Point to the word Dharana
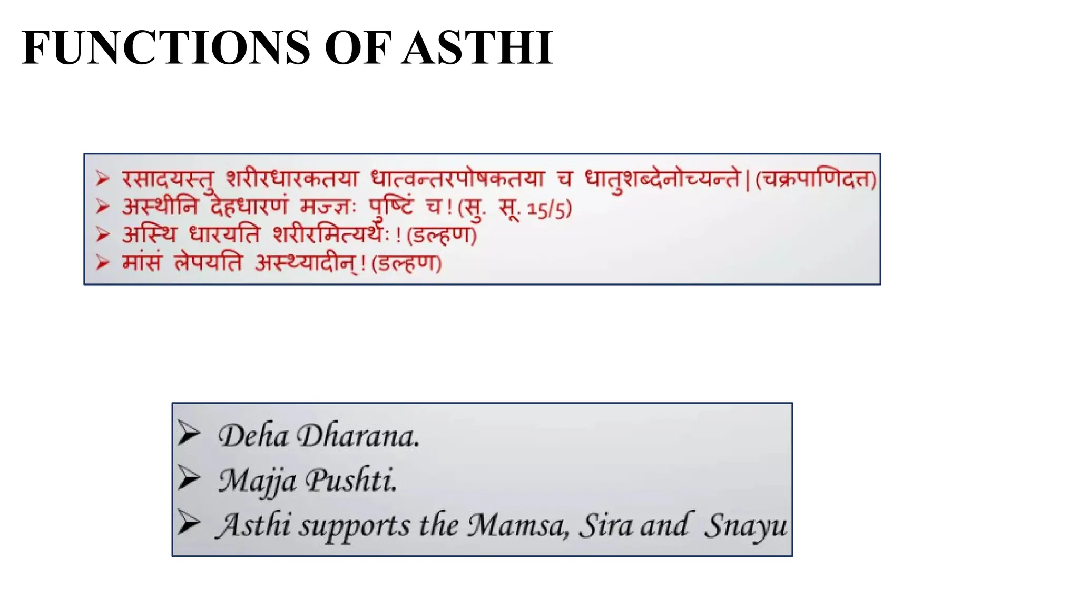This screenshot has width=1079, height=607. [358, 436]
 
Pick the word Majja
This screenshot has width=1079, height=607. [257, 481]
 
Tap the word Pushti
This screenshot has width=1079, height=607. [351, 480]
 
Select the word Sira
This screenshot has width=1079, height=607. [605, 525]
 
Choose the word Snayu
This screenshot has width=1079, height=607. [746, 525]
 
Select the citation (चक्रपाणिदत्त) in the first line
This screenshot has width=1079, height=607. [816, 180]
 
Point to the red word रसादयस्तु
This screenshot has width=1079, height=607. [169, 180]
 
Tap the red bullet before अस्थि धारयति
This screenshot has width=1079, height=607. [103, 234]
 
